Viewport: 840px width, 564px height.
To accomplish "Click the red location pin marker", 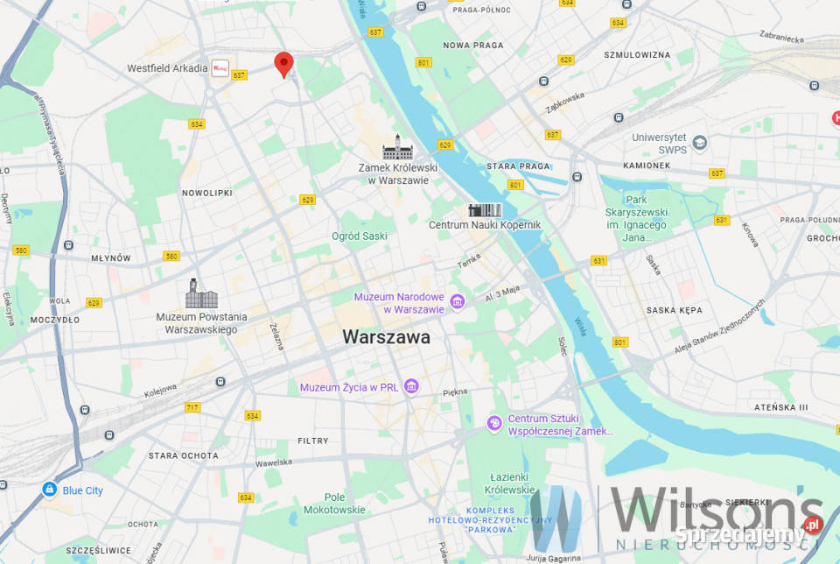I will click(x=283, y=64).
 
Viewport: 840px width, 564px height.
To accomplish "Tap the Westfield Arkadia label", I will click(x=167, y=67).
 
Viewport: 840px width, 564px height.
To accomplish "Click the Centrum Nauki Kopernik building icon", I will click(x=485, y=210).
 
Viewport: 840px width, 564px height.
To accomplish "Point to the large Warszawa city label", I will click(x=386, y=336).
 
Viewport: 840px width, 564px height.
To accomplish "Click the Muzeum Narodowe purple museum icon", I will click(x=457, y=302).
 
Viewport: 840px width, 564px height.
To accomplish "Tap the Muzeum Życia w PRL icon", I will click(x=411, y=386).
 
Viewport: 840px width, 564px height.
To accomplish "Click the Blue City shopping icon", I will click(x=49, y=490).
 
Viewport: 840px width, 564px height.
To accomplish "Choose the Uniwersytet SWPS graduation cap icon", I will click(x=699, y=142).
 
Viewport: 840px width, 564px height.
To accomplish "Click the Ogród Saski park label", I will click(x=359, y=236).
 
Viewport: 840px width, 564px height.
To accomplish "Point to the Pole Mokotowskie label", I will click(x=334, y=503).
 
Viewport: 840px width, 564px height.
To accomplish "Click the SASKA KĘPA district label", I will click(x=674, y=310).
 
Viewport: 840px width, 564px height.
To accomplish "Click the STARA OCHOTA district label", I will click(x=183, y=455).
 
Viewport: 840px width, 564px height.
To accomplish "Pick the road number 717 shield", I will click(x=192, y=408).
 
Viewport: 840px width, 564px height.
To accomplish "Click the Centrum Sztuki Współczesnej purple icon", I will click(x=494, y=424).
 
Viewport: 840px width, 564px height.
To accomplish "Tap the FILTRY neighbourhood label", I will click(x=313, y=441).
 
